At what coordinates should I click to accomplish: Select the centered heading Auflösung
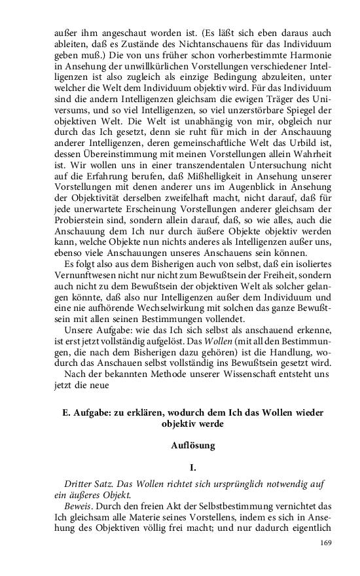coord(192,446)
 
